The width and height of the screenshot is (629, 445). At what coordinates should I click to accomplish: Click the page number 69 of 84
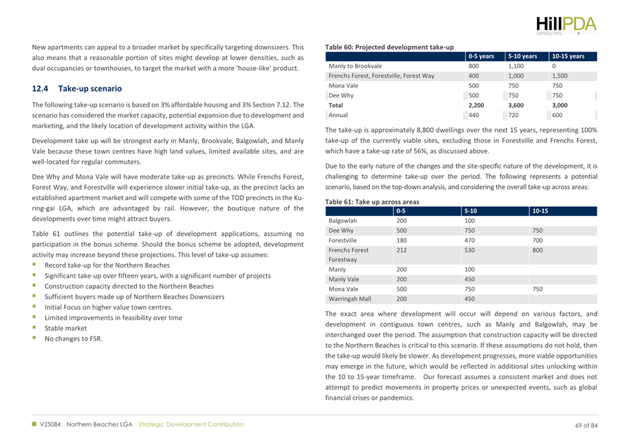click(x=586, y=424)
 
